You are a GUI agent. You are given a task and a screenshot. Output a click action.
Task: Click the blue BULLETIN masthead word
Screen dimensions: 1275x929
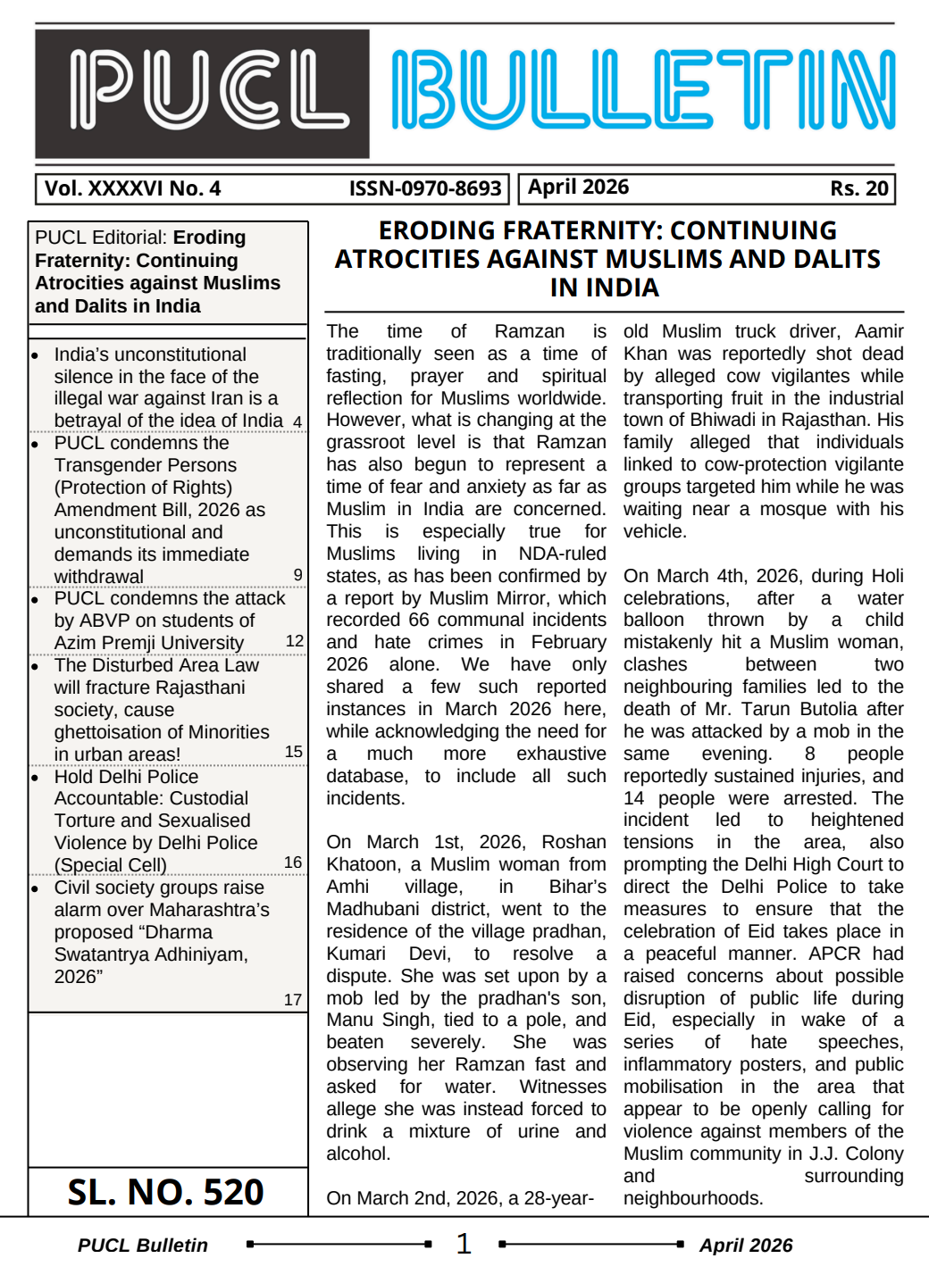pos(643,90)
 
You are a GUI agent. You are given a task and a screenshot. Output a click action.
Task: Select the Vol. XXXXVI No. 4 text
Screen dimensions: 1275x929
pos(133,188)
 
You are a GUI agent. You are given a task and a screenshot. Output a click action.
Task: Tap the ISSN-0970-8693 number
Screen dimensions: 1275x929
pos(424,188)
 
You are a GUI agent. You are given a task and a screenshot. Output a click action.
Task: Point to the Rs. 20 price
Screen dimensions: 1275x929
pos(858,188)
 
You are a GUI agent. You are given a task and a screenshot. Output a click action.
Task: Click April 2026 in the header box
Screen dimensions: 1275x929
pos(578,187)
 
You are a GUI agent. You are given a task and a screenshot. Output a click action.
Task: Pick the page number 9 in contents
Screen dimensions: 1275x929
pos(298,575)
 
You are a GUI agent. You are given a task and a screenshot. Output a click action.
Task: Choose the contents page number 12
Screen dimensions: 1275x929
pos(295,641)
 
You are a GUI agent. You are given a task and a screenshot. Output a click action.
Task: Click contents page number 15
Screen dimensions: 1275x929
pos(294,752)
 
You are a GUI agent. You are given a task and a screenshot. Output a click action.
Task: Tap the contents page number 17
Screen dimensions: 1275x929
pos(293,1000)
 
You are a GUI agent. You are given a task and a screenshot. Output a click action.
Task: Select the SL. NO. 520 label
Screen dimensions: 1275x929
pos(166,1193)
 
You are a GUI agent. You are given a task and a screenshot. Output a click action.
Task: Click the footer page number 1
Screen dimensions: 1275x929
pos(464,1244)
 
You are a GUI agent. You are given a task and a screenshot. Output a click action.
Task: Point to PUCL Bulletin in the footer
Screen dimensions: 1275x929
pos(143,1246)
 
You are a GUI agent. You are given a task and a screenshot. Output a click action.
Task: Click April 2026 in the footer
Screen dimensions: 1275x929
pos(746,1246)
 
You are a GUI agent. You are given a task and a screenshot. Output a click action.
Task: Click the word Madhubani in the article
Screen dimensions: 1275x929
pos(372,909)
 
